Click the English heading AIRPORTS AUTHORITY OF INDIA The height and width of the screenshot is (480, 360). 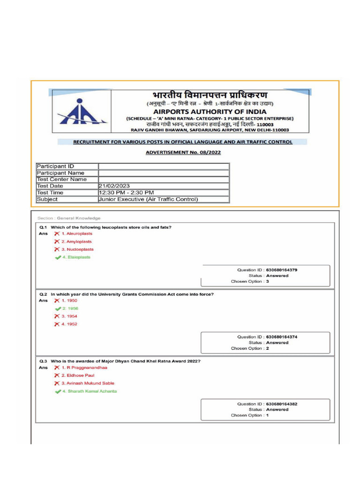click(210, 112)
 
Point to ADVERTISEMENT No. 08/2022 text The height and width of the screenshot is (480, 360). click(183, 152)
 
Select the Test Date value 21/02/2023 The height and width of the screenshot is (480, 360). click(114, 186)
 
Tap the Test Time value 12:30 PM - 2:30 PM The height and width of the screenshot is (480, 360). click(126, 193)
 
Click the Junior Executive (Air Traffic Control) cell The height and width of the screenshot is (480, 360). click(148, 199)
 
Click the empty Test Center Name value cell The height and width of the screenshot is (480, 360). click(163, 180)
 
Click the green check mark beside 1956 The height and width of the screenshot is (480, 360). click(58, 309)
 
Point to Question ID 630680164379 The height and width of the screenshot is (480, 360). click(267, 270)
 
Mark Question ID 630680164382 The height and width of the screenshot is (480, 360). click(267, 404)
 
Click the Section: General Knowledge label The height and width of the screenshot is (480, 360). click(69, 218)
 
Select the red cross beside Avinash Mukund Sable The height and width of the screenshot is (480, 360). click(57, 383)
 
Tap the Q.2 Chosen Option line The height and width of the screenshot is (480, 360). click(250, 349)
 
